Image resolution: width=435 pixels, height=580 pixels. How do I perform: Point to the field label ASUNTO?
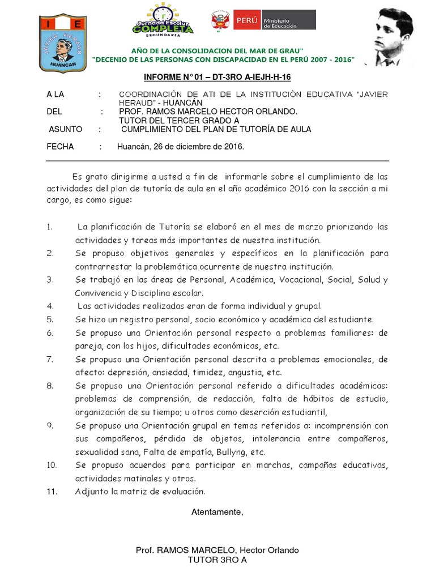click(x=66, y=129)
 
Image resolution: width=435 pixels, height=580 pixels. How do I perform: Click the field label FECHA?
click(x=60, y=146)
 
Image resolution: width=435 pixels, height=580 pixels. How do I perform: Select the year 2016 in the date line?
click(x=233, y=146)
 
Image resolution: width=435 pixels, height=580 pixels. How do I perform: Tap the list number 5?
click(x=50, y=319)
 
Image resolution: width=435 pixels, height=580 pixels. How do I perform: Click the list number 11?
click(x=52, y=492)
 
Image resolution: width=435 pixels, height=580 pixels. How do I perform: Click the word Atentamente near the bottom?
click(x=217, y=512)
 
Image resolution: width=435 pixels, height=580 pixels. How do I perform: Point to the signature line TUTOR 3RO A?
click(x=217, y=560)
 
